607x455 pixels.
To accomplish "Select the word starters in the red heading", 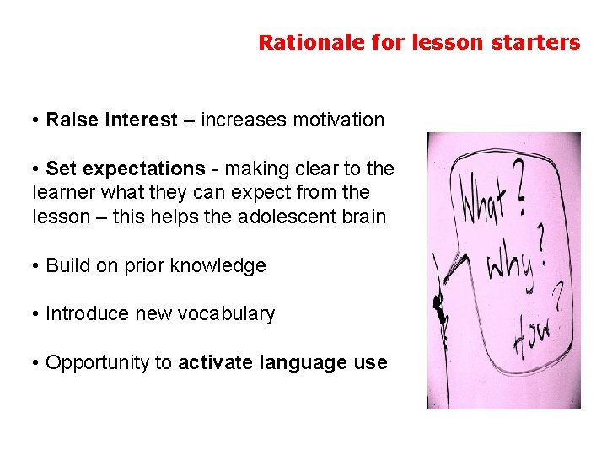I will (540, 42).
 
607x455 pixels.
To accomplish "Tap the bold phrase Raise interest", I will (112, 120).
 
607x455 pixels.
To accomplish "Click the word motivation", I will (338, 120).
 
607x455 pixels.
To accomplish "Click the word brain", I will (363, 217).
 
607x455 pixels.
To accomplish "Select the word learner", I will (61, 193).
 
